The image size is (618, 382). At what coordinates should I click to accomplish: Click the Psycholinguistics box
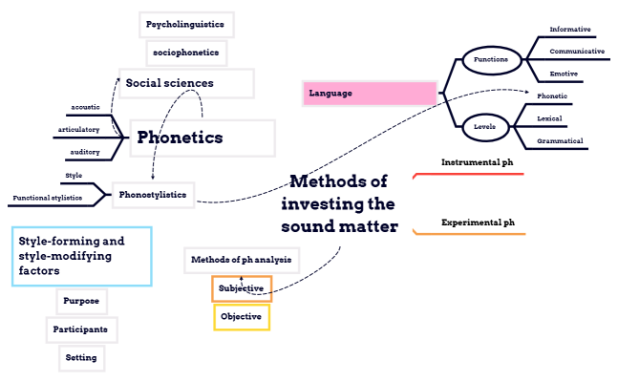point(186,23)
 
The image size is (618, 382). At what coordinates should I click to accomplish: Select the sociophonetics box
point(185,53)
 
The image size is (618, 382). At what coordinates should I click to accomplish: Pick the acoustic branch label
point(85,107)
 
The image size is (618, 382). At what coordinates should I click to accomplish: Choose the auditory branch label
point(85,152)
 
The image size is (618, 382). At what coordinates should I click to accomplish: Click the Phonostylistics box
point(153,195)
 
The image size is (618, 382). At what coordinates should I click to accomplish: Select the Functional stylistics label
point(47,199)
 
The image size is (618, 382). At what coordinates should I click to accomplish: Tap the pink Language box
point(371,94)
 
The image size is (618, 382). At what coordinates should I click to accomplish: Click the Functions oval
point(491,60)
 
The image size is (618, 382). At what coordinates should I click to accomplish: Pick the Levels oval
point(484,126)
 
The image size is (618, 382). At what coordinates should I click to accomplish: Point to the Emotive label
point(565,74)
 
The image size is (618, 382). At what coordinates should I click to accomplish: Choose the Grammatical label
point(560,140)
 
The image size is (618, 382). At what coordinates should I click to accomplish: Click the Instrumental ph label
point(477,162)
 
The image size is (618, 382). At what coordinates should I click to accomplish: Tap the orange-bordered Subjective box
point(242,288)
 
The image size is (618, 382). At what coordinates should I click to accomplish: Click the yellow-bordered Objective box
point(242,316)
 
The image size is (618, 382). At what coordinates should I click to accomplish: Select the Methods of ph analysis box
point(243,260)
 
